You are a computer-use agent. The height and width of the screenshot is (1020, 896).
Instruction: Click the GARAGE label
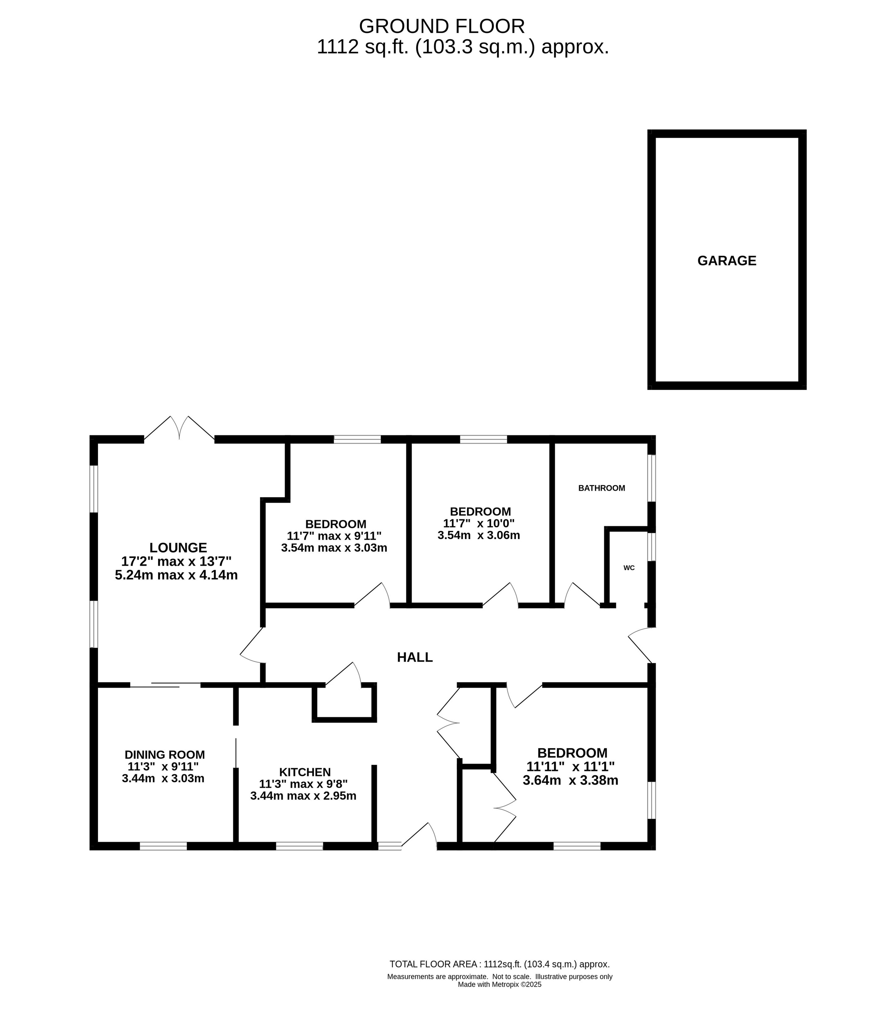click(x=726, y=261)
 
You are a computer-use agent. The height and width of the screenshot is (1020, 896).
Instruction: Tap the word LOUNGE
click(x=178, y=547)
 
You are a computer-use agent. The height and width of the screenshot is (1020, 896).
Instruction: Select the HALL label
click(x=414, y=657)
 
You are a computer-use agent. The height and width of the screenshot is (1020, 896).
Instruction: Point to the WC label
click(x=629, y=568)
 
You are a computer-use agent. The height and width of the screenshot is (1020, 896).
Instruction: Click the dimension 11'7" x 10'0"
click(x=479, y=524)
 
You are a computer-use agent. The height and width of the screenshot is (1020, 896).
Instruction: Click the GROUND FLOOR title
click(x=442, y=26)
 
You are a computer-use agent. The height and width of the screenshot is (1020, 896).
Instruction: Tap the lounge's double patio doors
click(x=179, y=428)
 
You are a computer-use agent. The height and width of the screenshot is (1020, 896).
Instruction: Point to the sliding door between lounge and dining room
click(x=165, y=685)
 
